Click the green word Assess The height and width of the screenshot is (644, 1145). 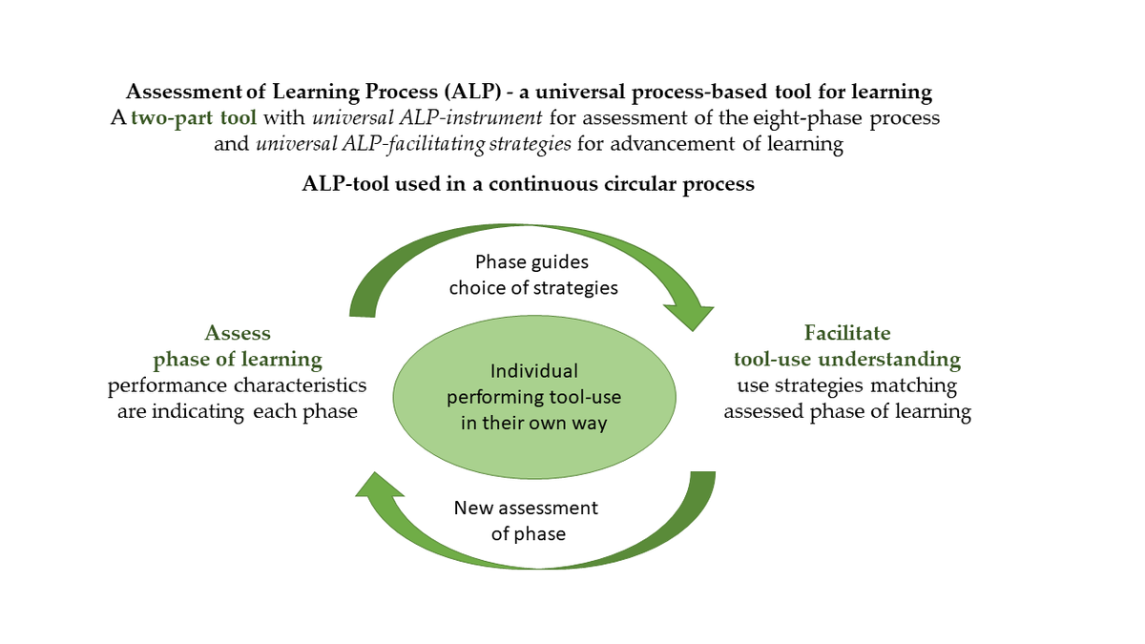pos(238,334)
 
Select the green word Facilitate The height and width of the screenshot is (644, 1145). pos(847,334)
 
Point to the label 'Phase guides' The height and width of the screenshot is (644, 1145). pos(532,261)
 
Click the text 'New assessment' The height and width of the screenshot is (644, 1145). pos(526,508)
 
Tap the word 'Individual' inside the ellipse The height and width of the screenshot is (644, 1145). pos(533,371)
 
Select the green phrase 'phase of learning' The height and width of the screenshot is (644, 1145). pos(238,360)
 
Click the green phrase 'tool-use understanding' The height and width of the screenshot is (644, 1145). pos(847,360)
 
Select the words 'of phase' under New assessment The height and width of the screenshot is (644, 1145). pos(528,533)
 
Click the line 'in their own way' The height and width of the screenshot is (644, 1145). pos(533,423)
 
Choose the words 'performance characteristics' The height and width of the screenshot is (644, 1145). pos(237,386)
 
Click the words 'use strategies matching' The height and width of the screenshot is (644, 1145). pos(847,386)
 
